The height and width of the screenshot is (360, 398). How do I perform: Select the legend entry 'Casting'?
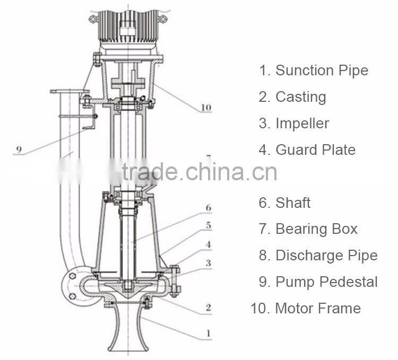[x=300, y=97]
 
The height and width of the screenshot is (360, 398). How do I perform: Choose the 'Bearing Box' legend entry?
[x=316, y=229]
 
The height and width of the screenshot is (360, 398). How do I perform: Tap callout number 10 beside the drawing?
[x=206, y=108]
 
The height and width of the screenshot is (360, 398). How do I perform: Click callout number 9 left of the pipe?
[x=18, y=150]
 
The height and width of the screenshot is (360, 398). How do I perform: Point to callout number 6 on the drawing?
[x=209, y=208]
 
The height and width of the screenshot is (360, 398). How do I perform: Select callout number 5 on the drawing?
[x=209, y=226]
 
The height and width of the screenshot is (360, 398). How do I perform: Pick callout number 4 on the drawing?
[x=209, y=244]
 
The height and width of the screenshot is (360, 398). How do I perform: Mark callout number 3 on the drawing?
[x=209, y=263]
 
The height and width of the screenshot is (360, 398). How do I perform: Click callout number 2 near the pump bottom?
[x=209, y=307]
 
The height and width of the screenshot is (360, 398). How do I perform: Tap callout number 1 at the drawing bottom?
[x=209, y=334]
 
